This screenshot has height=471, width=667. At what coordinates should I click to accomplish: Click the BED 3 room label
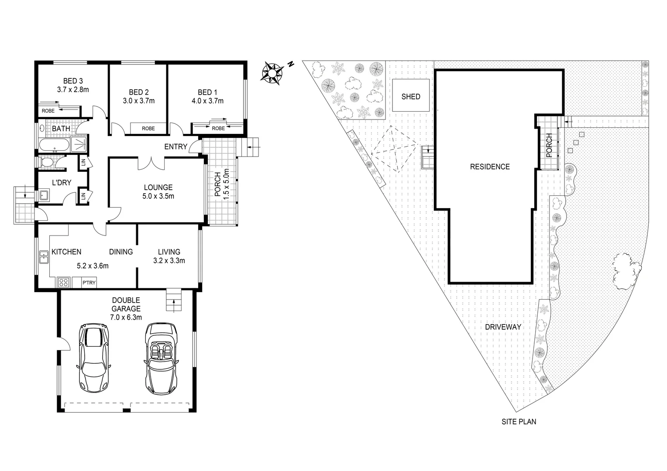pos(73,81)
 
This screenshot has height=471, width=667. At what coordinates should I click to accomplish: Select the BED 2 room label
pos(139,92)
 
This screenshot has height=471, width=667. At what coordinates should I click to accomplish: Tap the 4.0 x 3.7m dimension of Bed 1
pos(207,101)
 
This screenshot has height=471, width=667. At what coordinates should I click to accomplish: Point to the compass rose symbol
pos(272,72)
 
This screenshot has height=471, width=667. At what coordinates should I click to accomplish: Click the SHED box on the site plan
pos(411,96)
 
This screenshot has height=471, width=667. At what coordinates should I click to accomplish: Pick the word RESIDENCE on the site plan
pos(490,167)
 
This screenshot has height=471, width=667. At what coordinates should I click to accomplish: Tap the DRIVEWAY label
pos(503,327)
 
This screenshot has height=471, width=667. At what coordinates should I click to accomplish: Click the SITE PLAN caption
pos(519,422)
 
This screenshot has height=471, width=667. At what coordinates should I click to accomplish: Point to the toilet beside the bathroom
pos(45,163)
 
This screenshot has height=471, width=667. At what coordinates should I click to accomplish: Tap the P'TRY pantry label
pos(89,283)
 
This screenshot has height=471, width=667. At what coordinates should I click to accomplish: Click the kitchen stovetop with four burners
pos(63,282)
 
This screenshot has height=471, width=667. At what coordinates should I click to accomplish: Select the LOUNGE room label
pos(158,188)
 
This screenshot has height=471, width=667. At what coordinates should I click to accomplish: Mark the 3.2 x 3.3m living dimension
pos(169,261)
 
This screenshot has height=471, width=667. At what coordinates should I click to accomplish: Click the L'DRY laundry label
pos(62,183)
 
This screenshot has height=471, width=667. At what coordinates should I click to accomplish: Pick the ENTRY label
pos(175,147)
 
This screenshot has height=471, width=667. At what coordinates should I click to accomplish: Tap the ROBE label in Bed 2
pos(148,129)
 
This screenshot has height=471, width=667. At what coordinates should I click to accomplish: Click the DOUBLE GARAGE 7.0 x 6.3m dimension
pos(126,317)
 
